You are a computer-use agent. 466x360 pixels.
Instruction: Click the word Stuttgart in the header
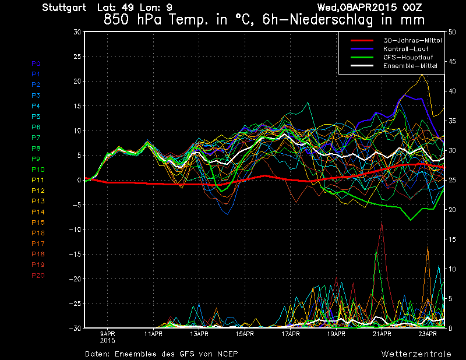click(64, 8)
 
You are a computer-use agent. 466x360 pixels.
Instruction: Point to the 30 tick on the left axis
click(77, 32)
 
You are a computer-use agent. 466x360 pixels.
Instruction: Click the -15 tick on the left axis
click(75, 255)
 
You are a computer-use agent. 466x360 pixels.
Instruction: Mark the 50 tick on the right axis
click(453, 32)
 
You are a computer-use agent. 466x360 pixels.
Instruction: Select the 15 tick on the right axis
click(453, 239)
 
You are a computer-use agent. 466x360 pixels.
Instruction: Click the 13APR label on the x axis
click(199, 334)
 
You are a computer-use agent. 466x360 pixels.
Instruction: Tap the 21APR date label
click(382, 334)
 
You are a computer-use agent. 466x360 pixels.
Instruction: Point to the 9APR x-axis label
click(108, 334)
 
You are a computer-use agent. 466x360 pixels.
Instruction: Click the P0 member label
click(36, 63)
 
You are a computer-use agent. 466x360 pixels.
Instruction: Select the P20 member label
click(38, 275)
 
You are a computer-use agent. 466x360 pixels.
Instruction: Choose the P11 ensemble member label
click(38, 180)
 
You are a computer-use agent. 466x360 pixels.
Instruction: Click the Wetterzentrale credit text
click(416, 354)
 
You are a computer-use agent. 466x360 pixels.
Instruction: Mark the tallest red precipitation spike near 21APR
click(382, 223)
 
